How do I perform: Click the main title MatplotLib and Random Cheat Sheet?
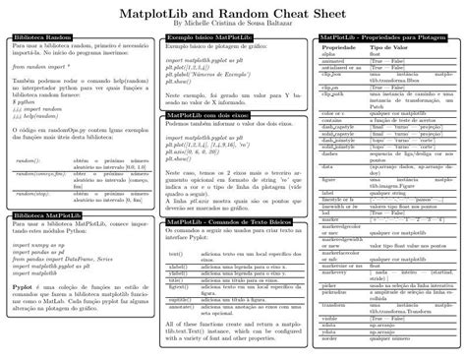233,11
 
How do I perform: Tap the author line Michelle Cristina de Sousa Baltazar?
233,23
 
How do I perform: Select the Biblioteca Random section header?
45,36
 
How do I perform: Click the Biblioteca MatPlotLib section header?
49,213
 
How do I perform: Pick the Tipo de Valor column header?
389,47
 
